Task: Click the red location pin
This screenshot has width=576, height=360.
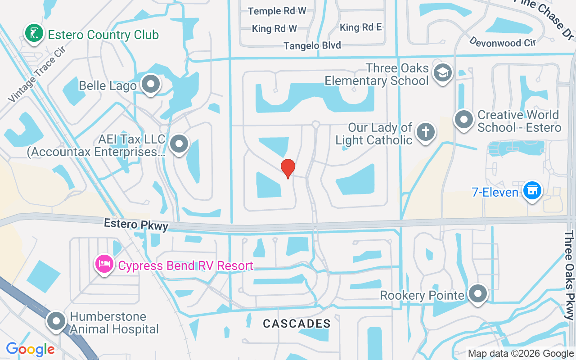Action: pyautogui.click(x=288, y=168)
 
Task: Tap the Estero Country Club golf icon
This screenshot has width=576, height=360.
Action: pyautogui.click(x=34, y=33)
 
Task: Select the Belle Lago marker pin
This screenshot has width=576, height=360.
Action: pyautogui.click(x=150, y=84)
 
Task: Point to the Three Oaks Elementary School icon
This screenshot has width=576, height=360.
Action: pyautogui.click(x=443, y=72)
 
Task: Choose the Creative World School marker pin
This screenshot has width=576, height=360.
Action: pyautogui.click(x=463, y=120)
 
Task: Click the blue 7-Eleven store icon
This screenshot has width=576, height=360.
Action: pyautogui.click(x=533, y=190)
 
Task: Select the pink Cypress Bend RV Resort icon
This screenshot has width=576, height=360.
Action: pyautogui.click(x=104, y=264)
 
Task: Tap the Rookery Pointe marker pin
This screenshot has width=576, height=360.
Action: pyautogui.click(x=477, y=294)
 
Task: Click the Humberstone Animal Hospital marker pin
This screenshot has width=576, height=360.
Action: pyautogui.click(x=57, y=321)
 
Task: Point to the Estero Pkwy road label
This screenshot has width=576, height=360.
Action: pyautogui.click(x=136, y=225)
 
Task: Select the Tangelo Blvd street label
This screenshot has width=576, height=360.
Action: pyautogui.click(x=312, y=45)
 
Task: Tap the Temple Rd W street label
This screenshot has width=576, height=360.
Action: pyautogui.click(x=277, y=11)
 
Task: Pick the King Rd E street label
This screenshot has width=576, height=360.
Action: pyautogui.click(x=361, y=27)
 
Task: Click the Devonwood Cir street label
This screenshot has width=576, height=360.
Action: pyautogui.click(x=502, y=42)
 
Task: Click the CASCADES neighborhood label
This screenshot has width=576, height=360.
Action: pyautogui.click(x=297, y=324)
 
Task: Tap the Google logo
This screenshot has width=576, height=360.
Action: pyautogui.click(x=30, y=349)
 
